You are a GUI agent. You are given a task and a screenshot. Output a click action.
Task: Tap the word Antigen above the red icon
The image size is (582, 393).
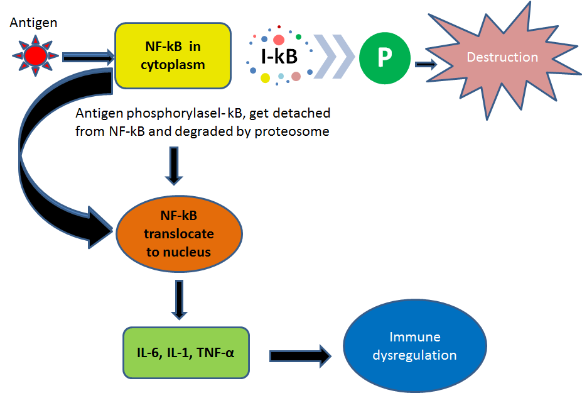[x=34, y=23]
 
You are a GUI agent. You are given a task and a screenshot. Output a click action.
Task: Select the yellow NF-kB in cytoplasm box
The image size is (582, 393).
[x=173, y=55]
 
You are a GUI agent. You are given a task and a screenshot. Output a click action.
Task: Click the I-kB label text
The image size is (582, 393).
[x=279, y=57]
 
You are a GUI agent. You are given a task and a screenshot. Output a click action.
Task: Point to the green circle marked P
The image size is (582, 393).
[x=384, y=58]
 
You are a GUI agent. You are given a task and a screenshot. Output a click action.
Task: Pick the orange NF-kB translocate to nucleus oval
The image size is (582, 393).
[x=179, y=234]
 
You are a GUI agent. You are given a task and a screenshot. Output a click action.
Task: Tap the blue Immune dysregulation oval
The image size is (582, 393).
[x=414, y=346]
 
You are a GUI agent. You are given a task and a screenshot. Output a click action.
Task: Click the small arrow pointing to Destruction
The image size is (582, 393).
[x=426, y=64]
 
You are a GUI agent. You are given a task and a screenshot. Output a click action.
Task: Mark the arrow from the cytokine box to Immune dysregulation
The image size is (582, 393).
[x=300, y=355]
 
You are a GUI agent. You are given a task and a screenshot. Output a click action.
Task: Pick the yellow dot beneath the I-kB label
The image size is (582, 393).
[x=265, y=78]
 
